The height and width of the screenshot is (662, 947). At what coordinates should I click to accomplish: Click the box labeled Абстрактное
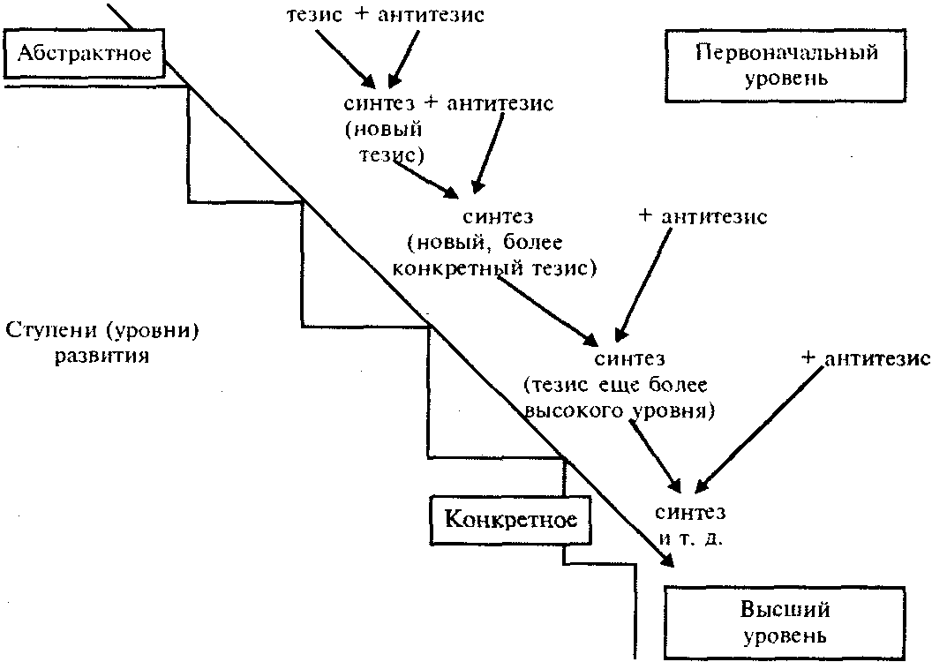(x=84, y=52)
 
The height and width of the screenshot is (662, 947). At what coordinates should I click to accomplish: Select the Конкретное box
(x=511, y=519)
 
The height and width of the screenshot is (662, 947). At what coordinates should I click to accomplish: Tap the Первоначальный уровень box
(x=786, y=64)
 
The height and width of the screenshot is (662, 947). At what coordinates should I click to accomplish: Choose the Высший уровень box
(x=785, y=621)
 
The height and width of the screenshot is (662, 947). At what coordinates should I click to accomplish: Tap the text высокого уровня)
(x=619, y=410)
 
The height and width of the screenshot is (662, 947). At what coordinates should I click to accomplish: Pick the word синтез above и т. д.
(x=690, y=513)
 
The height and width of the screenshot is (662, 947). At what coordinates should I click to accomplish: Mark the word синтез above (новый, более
(x=498, y=215)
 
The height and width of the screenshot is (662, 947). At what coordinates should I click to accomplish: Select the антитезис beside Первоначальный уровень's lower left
(x=500, y=103)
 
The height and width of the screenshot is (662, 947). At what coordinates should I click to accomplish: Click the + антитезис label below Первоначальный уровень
(x=702, y=216)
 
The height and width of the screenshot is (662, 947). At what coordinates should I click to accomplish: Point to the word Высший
(x=785, y=610)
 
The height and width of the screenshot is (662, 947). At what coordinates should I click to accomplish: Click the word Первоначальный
(x=786, y=52)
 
